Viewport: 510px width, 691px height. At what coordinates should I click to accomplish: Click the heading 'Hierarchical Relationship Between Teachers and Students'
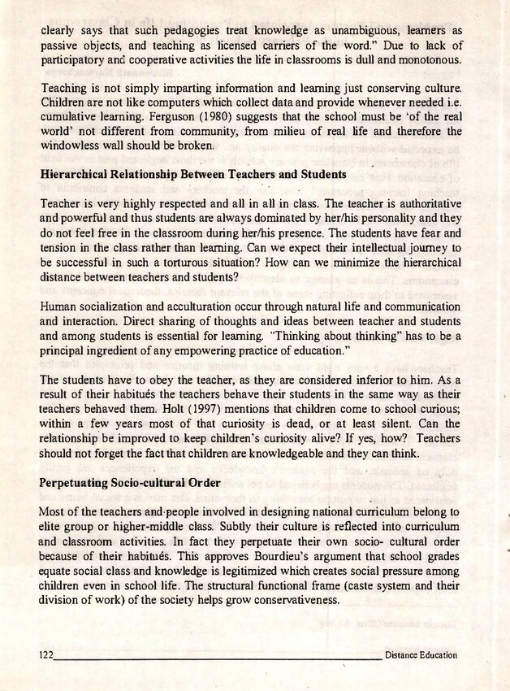point(193,174)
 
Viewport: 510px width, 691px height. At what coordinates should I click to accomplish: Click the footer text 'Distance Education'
point(421,654)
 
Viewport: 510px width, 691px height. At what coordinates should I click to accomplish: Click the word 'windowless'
point(70,146)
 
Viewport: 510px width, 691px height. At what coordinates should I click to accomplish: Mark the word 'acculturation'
point(180,309)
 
